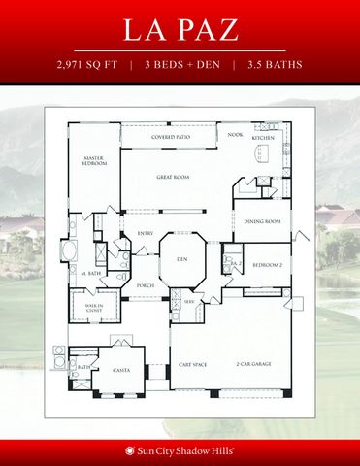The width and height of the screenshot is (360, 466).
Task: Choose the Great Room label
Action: (172, 178)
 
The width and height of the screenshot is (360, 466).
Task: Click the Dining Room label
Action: (262, 221)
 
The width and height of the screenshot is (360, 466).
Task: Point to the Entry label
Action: (147, 233)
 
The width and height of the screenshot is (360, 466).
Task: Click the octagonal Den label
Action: (180, 259)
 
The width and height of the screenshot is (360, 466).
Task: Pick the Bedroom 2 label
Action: (267, 264)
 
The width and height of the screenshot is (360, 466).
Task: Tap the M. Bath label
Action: (91, 275)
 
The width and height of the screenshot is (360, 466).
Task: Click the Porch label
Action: (147, 284)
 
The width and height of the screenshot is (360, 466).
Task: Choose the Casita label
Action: (121, 369)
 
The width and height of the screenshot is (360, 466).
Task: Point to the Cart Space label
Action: (191, 364)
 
